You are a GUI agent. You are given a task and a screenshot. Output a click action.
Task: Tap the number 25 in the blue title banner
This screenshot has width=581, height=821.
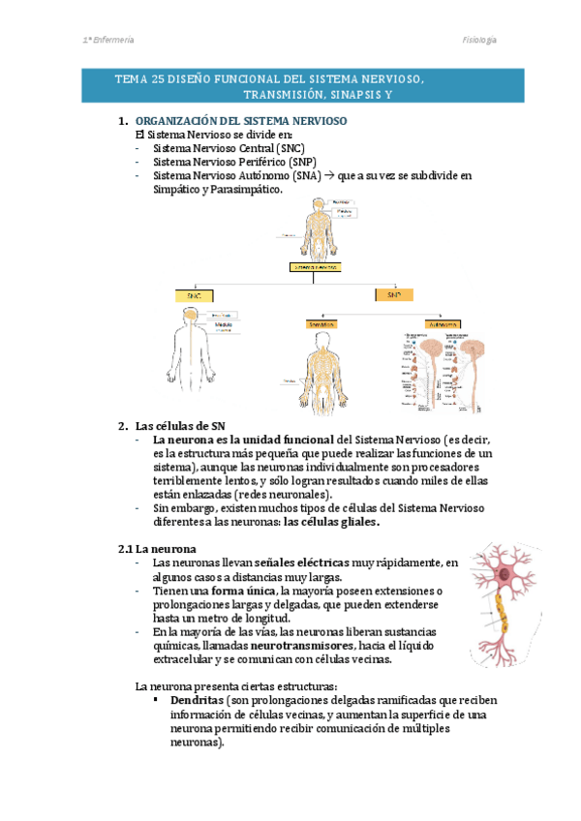tap(160, 78)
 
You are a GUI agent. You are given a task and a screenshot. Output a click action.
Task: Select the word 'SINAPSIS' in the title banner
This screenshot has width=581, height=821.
tap(346, 95)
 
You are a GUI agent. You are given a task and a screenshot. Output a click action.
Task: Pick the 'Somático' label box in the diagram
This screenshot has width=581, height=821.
tap(322, 325)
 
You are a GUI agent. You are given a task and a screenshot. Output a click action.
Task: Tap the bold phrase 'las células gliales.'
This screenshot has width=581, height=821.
tap(330, 522)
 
